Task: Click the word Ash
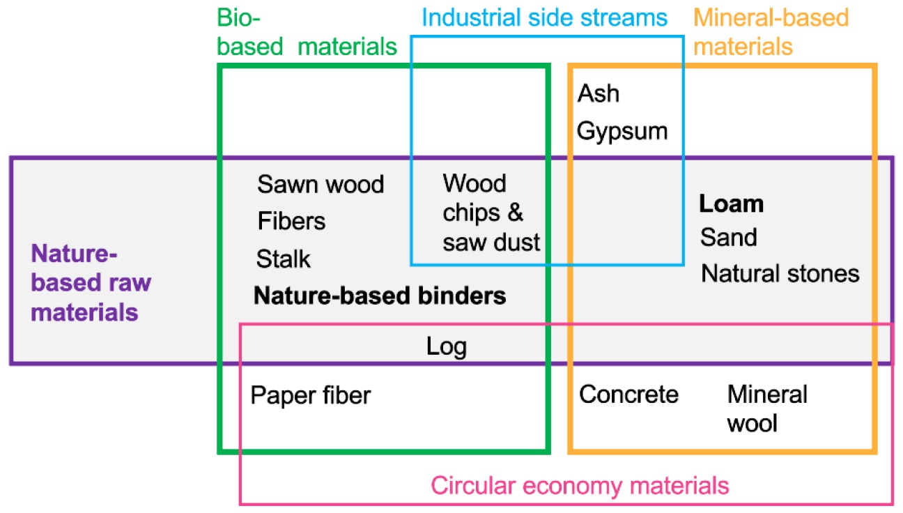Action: click(598, 94)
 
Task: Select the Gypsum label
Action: click(622, 131)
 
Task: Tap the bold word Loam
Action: click(732, 204)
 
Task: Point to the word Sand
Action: click(728, 238)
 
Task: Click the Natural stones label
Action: click(780, 273)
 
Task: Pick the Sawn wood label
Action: click(321, 185)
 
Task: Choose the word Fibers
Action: click(291, 222)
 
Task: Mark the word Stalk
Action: click(284, 259)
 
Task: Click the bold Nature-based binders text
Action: click(380, 296)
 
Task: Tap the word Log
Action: click(446, 346)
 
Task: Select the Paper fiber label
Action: click(311, 396)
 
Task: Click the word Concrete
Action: click(628, 395)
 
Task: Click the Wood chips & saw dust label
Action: click(491, 213)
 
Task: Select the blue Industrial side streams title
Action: click(543, 17)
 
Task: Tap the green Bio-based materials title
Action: click(307, 32)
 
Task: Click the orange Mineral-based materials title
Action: click(772, 32)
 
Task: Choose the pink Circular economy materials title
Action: click(580, 485)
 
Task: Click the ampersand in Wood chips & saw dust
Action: click(532, 213)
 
